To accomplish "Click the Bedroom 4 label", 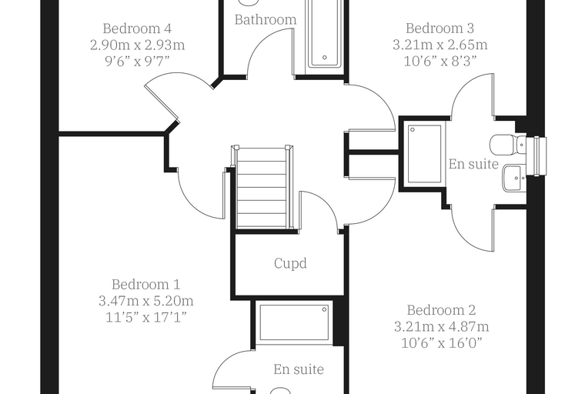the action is pyautogui.click(x=137, y=28).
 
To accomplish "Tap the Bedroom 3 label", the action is pyautogui.click(x=440, y=28).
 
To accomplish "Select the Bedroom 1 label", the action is pyautogui.click(x=146, y=284).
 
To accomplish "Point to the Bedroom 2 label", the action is pyautogui.click(x=441, y=310).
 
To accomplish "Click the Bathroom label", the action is pyautogui.click(x=266, y=19).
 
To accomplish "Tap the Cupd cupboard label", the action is pyautogui.click(x=290, y=263).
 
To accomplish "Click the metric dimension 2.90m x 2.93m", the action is pyautogui.click(x=137, y=45).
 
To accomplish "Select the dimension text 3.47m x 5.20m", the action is pyautogui.click(x=146, y=301).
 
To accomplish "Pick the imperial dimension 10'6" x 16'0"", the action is pyautogui.click(x=441, y=342).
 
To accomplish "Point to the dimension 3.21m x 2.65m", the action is pyautogui.click(x=440, y=45).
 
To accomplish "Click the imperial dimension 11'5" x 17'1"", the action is pyautogui.click(x=146, y=317).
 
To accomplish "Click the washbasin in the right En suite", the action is pyautogui.click(x=513, y=178).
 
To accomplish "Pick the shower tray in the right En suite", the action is pyautogui.click(x=425, y=154).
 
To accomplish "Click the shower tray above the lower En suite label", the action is pyautogui.click(x=294, y=322).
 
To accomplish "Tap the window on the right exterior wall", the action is pyautogui.click(x=540, y=156).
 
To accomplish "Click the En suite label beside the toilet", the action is pyautogui.click(x=473, y=164).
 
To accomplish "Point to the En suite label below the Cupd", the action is pyautogui.click(x=299, y=369).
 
